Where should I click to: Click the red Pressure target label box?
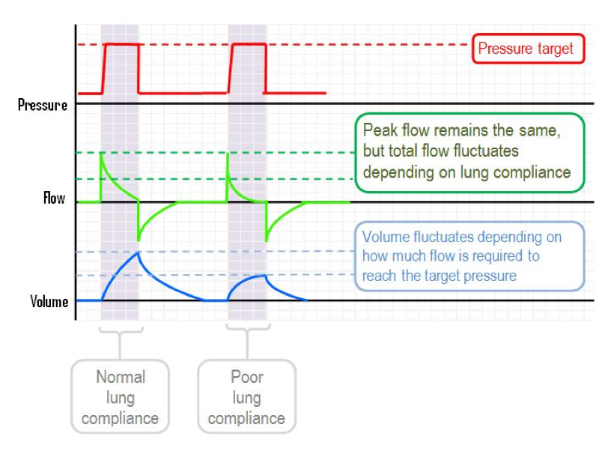[526, 49]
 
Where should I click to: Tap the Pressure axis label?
[43, 105]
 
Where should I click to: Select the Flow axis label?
[54, 199]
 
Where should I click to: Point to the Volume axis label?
[49, 302]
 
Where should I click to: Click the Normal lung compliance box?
[121, 397]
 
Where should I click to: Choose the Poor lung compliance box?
[247, 397]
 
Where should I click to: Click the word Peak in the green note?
[380, 130]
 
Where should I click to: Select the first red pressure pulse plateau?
[122, 45]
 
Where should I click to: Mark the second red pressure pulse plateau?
[249, 45]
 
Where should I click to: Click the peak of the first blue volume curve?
[139, 252]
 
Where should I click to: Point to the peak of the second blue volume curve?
[265, 276]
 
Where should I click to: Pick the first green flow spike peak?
[102, 154]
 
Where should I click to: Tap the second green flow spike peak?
[228, 154]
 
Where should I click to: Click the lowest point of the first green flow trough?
[139, 240]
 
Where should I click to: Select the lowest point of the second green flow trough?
[266, 240]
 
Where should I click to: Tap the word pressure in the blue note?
[490, 276]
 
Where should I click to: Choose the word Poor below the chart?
[247, 377]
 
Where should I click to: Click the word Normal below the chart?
[121, 377]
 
